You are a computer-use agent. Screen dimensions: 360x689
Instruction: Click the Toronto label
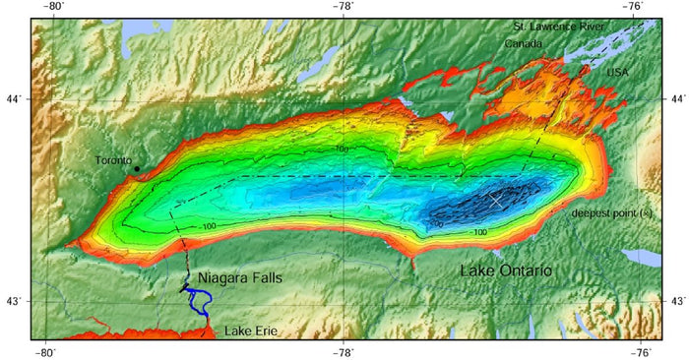[113, 160]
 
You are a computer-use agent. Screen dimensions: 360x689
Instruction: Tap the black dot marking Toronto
[137, 168]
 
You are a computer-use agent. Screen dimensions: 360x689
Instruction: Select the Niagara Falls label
[240, 278]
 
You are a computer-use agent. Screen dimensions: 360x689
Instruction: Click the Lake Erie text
[251, 330]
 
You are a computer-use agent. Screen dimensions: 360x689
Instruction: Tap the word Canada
[523, 44]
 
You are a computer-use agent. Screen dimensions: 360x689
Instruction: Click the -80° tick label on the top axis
[46, 7]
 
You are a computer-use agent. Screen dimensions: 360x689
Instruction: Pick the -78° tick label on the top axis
[343, 7]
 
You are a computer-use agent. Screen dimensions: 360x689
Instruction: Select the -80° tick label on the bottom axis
[46, 352]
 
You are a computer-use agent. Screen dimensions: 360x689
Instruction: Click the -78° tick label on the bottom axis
[343, 352]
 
